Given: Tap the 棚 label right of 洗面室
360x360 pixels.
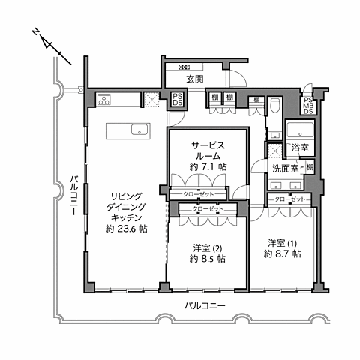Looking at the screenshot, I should (x=310, y=166).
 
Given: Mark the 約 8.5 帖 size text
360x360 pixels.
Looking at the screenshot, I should (x=206, y=258).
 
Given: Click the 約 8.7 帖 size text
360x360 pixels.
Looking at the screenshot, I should (x=283, y=254).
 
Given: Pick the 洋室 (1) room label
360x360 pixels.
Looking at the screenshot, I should (x=283, y=243).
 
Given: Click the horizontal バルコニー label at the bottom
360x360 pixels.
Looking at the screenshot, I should (x=204, y=305).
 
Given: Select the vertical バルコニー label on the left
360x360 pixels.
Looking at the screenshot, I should (x=74, y=194).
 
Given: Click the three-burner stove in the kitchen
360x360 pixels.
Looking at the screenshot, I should (x=103, y=99).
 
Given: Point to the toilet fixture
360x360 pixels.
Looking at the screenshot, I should (x=274, y=106).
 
